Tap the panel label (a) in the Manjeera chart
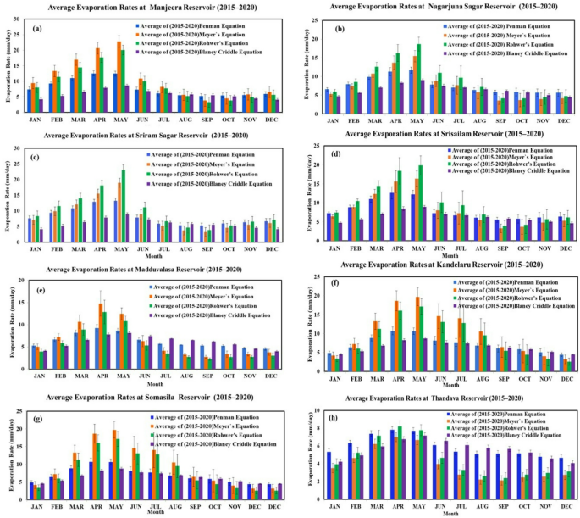(x=37, y=29)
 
